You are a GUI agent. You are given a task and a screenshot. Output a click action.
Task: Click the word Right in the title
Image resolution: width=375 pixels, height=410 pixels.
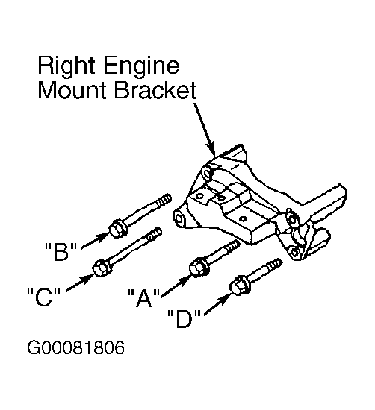click(66, 66)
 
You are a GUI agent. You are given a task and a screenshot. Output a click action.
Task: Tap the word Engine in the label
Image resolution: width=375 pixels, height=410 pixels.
click(142, 66)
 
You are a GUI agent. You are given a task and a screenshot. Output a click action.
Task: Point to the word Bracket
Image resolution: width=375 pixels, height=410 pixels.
click(155, 90)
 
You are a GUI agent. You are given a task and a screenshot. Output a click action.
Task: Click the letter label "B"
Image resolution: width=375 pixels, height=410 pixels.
click(61, 251)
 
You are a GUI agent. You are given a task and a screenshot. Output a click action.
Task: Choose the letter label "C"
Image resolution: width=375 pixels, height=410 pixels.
click(44, 297)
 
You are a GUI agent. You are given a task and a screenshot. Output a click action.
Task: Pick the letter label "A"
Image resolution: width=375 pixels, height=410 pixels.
click(144, 297)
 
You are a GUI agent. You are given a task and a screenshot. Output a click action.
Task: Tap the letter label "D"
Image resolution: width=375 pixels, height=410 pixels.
click(184, 318)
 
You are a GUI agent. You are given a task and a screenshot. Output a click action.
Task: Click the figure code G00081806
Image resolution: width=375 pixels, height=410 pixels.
click(75, 348)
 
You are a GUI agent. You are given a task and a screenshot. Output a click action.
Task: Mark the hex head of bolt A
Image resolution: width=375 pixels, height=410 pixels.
click(199, 267)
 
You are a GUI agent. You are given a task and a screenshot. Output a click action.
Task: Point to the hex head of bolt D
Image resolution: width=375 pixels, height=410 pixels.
click(239, 286)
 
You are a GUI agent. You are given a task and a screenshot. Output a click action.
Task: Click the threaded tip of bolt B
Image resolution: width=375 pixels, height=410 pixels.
click(163, 201)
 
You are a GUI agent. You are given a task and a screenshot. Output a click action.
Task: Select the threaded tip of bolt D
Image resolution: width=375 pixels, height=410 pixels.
click(274, 265)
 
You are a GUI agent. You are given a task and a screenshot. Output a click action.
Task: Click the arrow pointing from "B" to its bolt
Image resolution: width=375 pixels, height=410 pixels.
click(94, 241)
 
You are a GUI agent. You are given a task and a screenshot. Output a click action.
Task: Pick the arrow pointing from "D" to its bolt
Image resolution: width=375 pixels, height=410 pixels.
click(217, 305)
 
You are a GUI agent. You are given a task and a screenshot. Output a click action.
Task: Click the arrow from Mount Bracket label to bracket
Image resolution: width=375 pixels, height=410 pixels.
click(205, 130)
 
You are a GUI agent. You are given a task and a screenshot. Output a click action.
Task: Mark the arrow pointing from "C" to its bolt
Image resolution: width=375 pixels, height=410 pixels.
click(80, 283)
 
